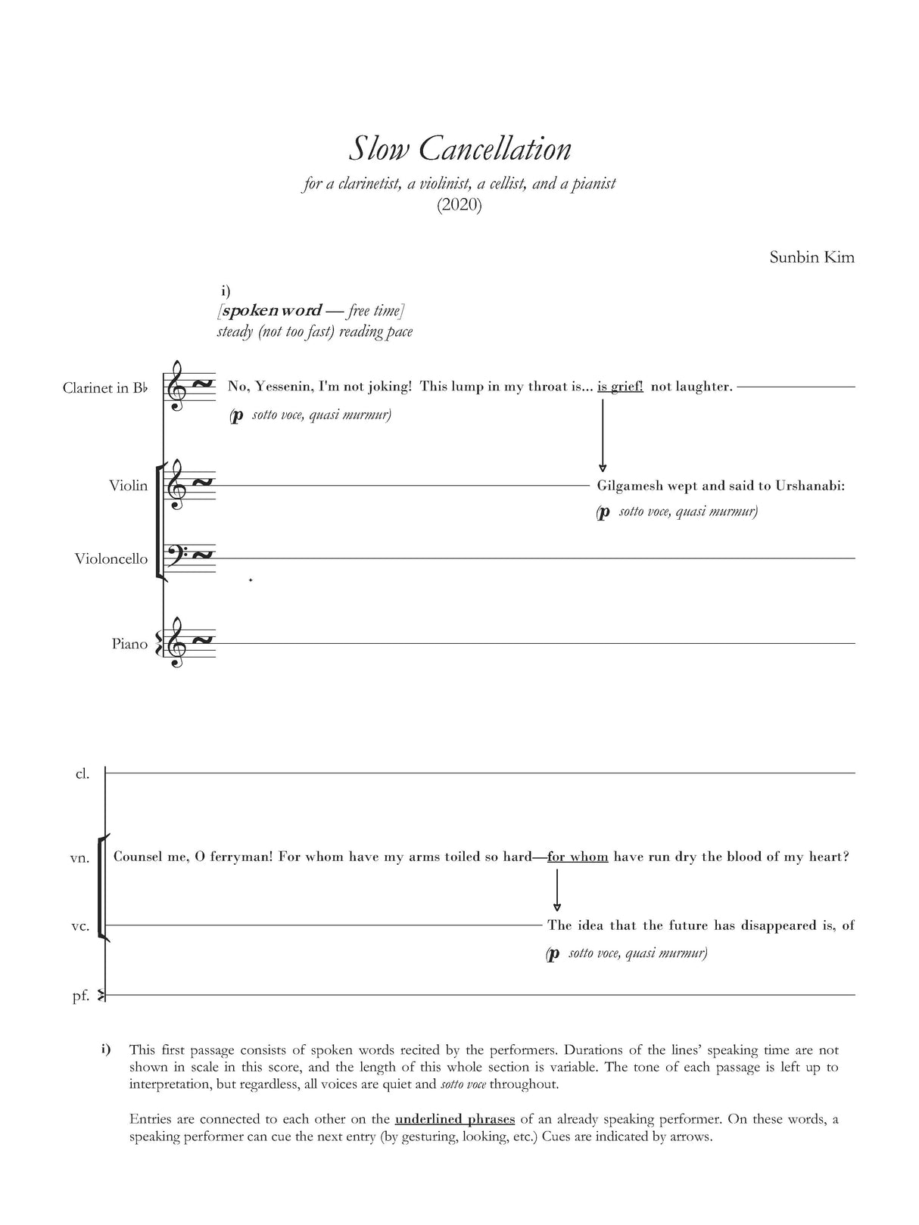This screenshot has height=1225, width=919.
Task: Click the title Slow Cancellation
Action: [459, 149]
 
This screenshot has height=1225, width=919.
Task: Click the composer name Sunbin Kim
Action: [812, 257]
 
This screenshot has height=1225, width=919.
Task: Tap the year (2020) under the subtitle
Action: [459, 205]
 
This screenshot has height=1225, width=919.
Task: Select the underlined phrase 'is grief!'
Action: [620, 387]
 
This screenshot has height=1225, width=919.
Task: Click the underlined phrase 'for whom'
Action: [578, 857]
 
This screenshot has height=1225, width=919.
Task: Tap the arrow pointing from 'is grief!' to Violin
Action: [603, 435]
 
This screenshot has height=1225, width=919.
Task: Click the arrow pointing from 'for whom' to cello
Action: [557, 891]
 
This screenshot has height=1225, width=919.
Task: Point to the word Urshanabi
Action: [809, 486]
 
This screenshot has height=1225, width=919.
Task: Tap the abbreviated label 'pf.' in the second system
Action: [80, 996]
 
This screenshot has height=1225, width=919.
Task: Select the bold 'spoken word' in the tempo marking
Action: [271, 311]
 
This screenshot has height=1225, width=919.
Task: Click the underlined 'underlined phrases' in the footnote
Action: [455, 1119]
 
